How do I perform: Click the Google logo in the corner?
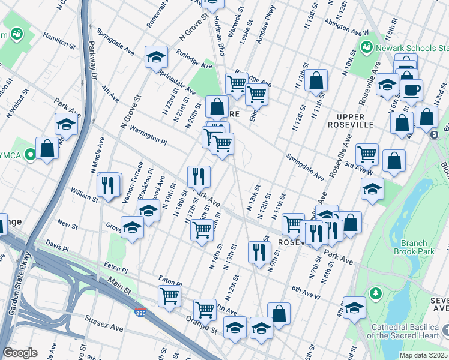[20, 352]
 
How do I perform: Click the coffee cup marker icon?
[411, 90]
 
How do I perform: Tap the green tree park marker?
[375, 293]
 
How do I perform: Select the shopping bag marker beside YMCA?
[47, 148]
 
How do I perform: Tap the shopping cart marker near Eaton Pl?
[170, 295]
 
